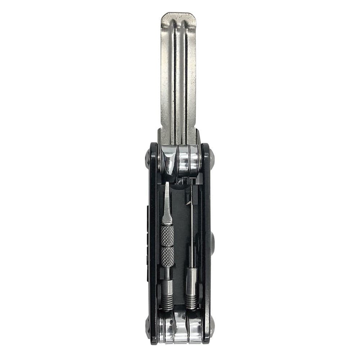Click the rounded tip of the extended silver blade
[178, 16]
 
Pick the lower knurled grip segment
[167, 256]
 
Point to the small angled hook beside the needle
[188, 203]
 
